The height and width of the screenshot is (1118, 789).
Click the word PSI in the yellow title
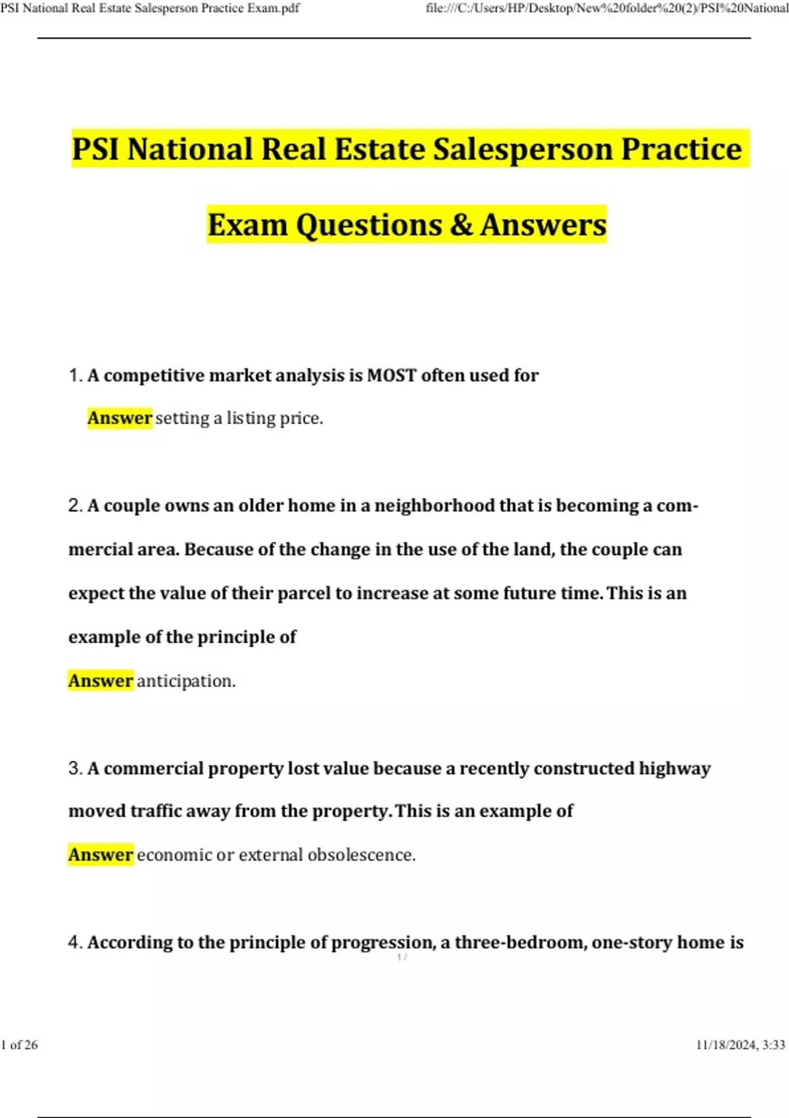[97, 149]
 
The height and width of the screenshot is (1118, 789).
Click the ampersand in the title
[462, 224]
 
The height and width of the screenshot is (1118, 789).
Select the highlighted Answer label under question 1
[120, 418]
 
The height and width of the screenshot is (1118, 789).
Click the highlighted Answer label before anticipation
[101, 681]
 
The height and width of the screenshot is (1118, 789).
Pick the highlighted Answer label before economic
[101, 854]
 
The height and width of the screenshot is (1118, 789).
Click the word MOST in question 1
[391, 376]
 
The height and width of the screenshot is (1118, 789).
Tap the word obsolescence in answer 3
[361, 854]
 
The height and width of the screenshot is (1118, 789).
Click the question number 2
[74, 506]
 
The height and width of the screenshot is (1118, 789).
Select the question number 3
[74, 768]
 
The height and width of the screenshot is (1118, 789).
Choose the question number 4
[74, 942]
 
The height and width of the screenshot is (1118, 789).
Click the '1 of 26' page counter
[20, 1045]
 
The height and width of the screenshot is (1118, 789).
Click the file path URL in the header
[606, 9]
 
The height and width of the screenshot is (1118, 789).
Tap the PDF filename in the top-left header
[150, 9]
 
